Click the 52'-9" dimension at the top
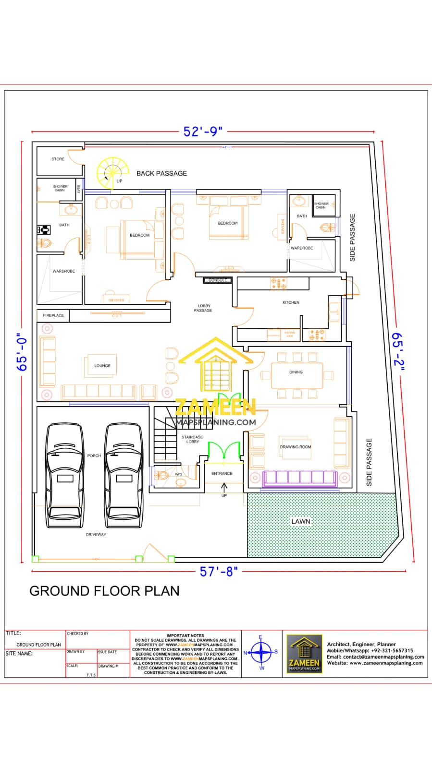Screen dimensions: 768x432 point(202,131)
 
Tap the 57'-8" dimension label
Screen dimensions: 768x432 point(219,571)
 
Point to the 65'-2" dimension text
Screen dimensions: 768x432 point(398,352)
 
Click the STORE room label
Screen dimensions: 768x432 point(58,159)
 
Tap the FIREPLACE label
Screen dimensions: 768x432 point(53,315)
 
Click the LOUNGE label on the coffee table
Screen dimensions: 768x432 point(102,366)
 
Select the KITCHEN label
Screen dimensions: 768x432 point(291,302)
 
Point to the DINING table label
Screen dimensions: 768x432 point(296,372)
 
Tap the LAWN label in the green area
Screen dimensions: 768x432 point(301,521)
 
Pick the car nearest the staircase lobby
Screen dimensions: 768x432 point(124,475)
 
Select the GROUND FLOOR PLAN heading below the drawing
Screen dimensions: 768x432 point(104,591)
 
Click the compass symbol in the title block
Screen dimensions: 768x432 point(261,652)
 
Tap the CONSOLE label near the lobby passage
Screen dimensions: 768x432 point(218,280)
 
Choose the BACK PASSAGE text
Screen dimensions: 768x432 point(161,173)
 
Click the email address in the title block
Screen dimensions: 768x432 point(375,657)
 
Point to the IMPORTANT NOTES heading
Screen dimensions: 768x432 point(185,635)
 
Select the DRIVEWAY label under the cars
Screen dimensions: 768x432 point(96,534)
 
